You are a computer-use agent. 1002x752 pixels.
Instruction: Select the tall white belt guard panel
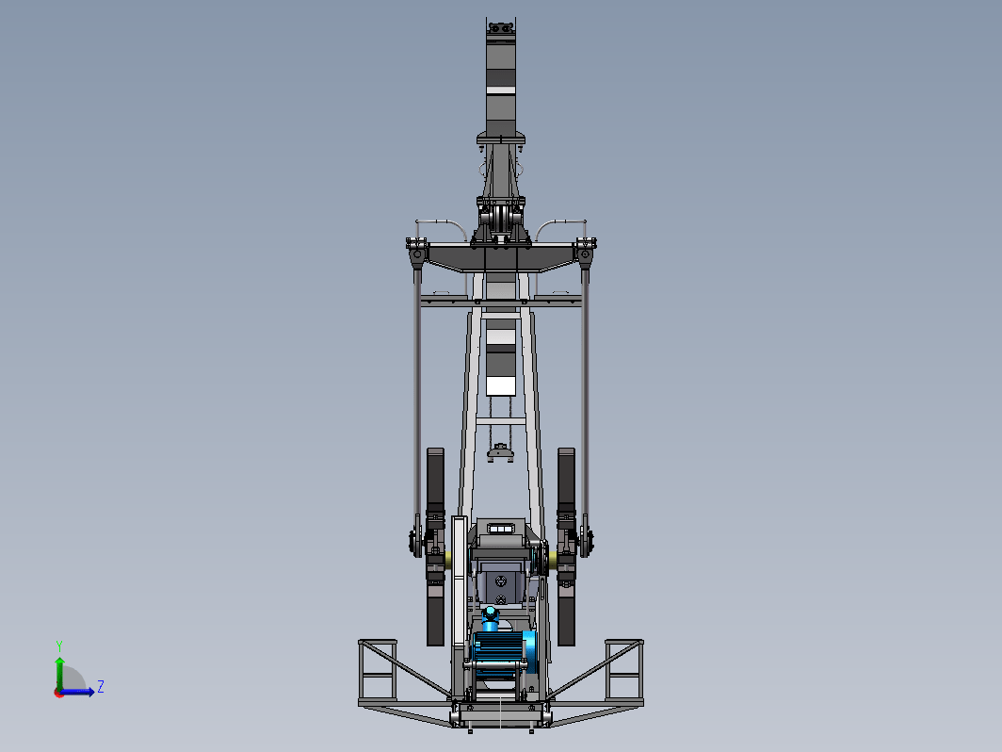click(x=459, y=582)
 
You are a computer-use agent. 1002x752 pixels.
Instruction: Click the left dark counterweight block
click(x=435, y=547)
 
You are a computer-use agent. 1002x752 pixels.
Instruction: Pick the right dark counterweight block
click(x=566, y=547)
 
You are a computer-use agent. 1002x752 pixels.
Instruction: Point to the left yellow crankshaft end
click(x=448, y=560)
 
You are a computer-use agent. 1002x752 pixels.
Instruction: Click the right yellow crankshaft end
click(x=553, y=560)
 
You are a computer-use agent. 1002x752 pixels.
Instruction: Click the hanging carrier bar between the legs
click(x=500, y=454)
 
